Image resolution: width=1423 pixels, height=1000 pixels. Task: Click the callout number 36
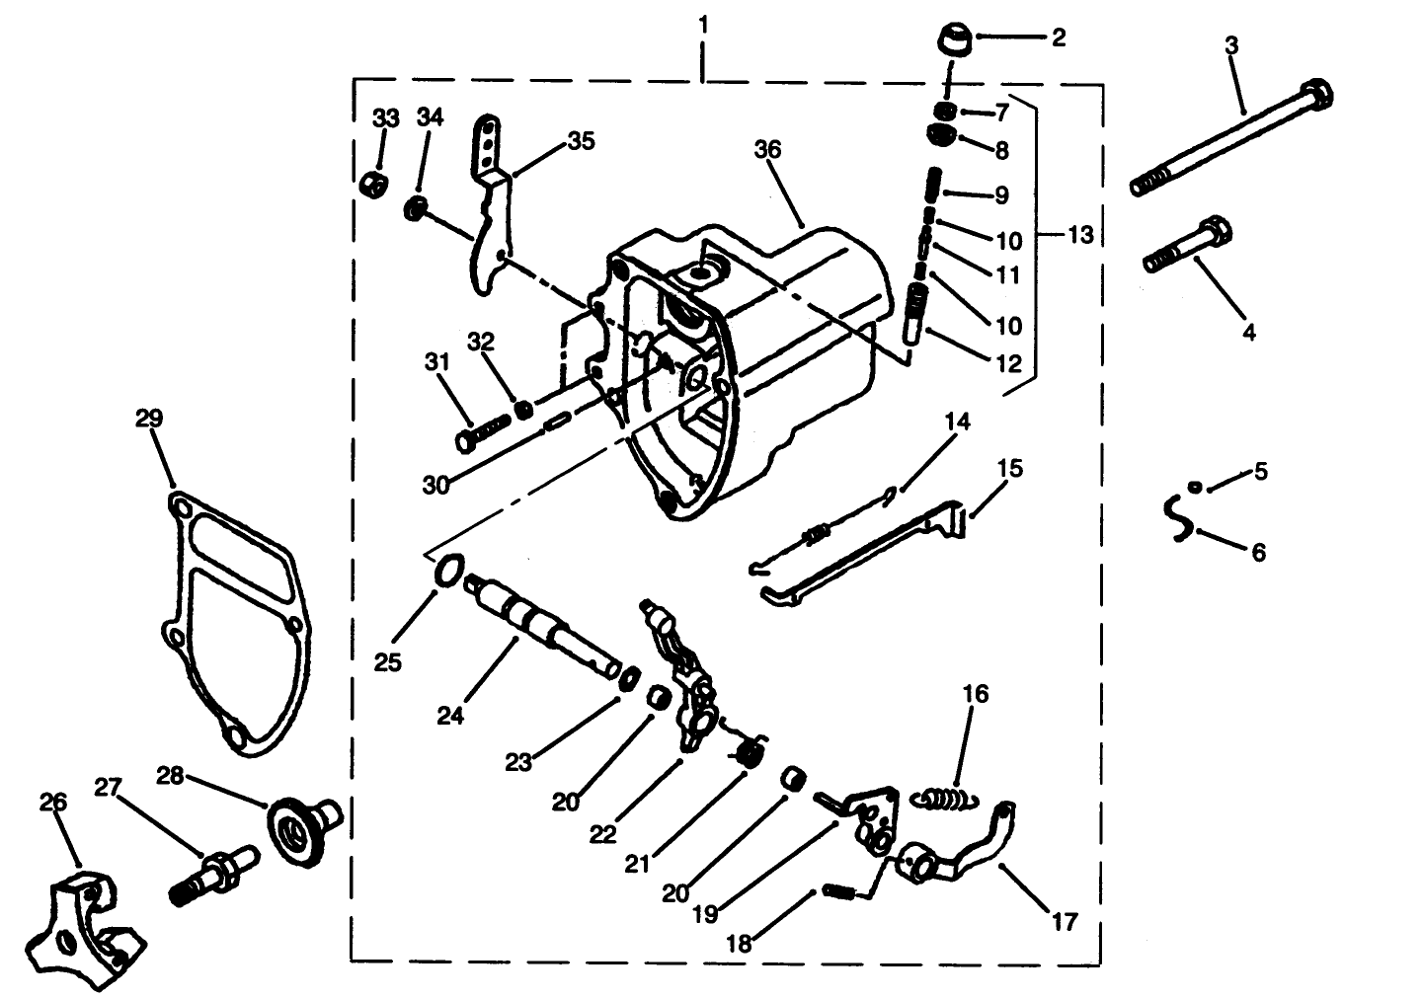pos(767,149)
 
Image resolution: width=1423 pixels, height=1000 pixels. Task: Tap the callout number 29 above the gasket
pos(148,419)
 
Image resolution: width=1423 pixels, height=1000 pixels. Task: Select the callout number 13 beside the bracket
pos(1079,235)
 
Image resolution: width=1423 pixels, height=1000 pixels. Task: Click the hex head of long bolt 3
pos(1317,96)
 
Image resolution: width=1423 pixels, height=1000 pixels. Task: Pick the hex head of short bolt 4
pos(1216,233)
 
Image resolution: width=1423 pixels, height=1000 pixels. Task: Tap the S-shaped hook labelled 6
pos(1174,519)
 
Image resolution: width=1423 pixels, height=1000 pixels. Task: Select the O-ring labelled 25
pos(448,570)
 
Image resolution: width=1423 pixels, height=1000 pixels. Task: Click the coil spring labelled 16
pos(946,795)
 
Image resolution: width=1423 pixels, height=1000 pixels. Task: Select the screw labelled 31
pos(481,429)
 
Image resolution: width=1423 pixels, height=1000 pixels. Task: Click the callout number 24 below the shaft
pos(450,716)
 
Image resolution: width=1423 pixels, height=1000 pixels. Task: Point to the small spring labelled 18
pos(837,893)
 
